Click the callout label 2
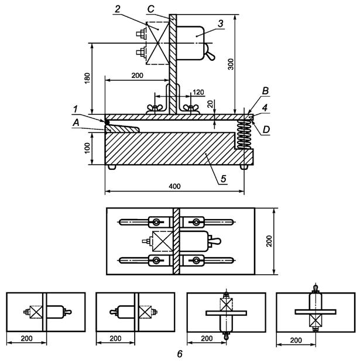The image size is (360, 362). click(x=118, y=9)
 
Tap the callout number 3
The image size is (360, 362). click(x=221, y=23)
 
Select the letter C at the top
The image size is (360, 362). click(x=150, y=9)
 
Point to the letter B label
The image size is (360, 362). click(x=265, y=91)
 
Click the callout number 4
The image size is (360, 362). click(x=265, y=108)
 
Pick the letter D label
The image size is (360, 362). click(x=266, y=130)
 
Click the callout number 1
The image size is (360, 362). click(x=76, y=109)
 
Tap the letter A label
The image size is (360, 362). click(x=76, y=123)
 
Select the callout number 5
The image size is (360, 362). click(x=224, y=179)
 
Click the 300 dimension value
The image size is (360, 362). click(x=231, y=64)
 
